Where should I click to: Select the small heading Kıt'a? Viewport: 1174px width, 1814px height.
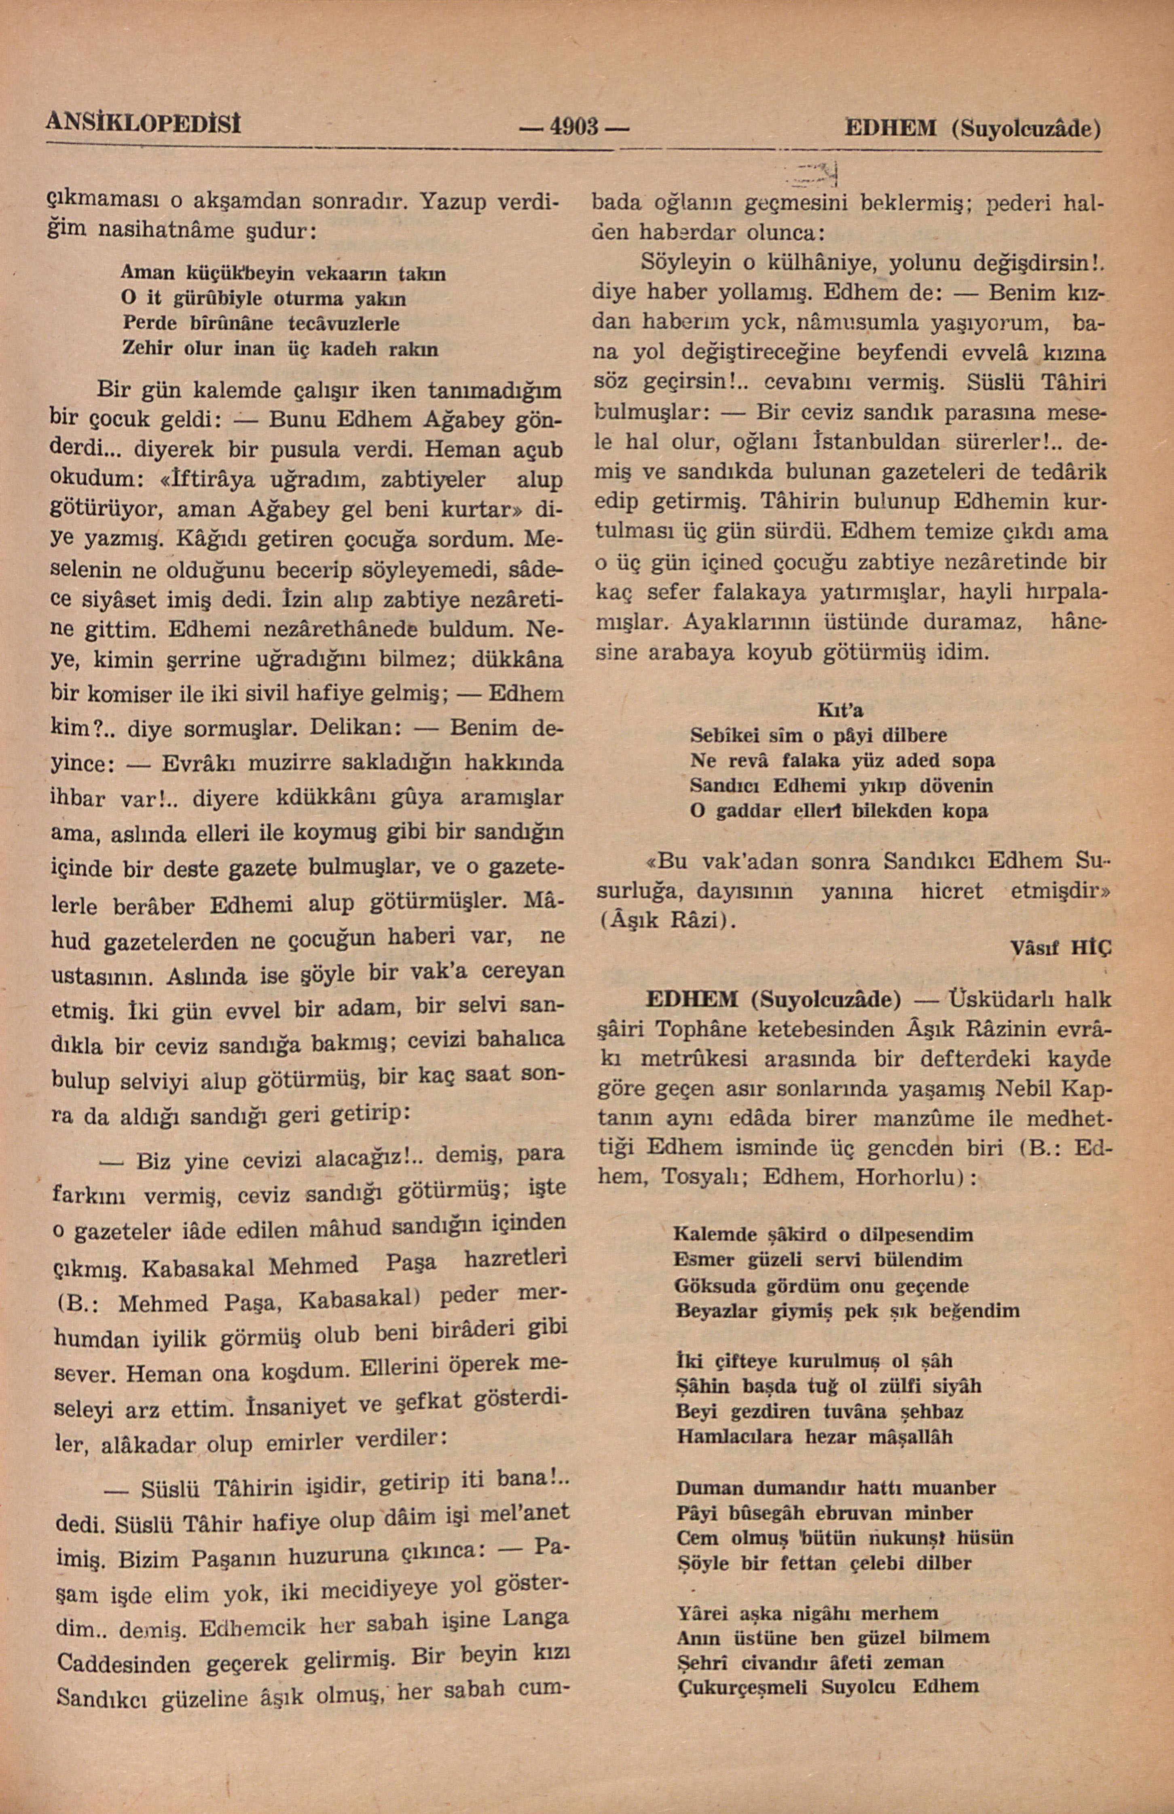[x=840, y=710]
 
